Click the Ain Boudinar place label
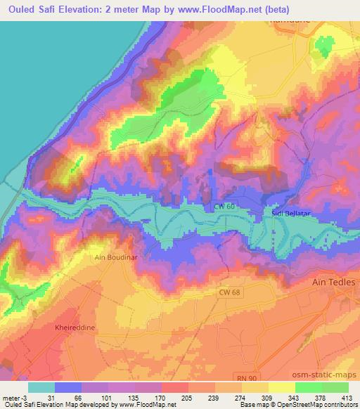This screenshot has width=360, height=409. (x=115, y=257)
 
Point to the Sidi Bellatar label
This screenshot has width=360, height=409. (x=290, y=211)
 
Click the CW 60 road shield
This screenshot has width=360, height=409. (x=223, y=207)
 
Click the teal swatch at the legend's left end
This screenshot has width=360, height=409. (x=41, y=387)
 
